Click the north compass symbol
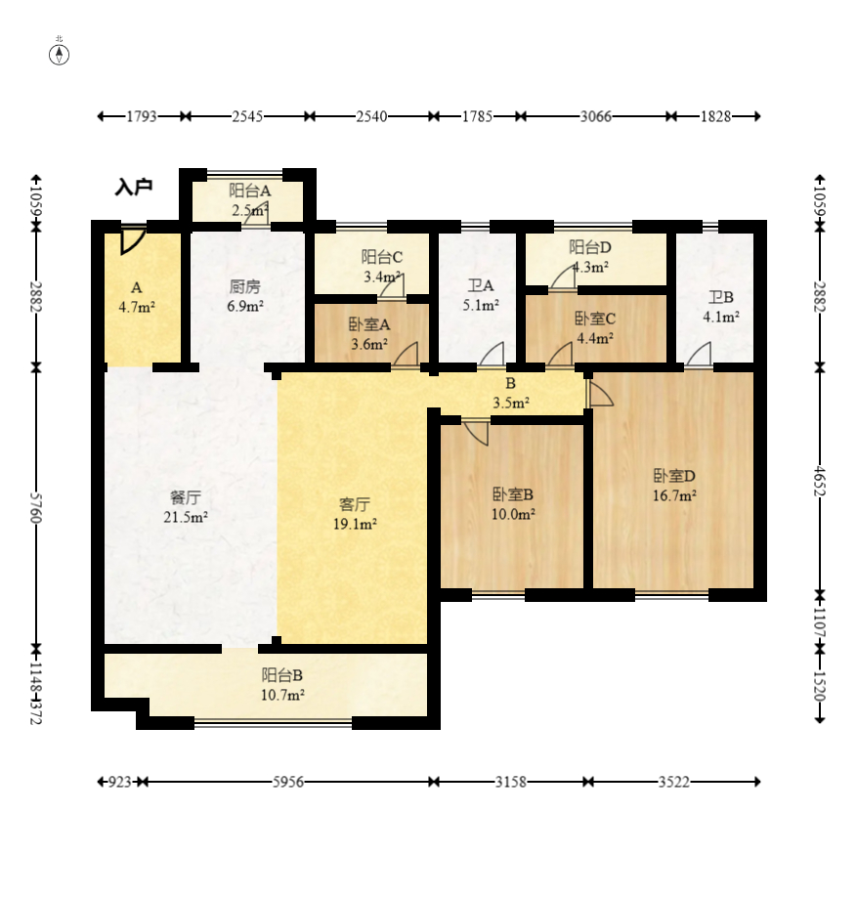click(59, 55)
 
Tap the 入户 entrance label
click(134, 187)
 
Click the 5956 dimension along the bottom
click(287, 782)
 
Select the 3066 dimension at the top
click(595, 116)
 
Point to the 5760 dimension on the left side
click(35, 507)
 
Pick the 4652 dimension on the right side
click(820, 482)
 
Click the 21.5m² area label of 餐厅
click(186, 517)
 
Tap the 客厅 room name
click(355, 504)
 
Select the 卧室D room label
click(674, 475)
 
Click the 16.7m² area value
click(674, 495)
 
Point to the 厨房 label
click(244, 286)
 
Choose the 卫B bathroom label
click(720, 297)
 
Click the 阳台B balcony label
click(281, 675)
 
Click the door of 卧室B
click(477, 432)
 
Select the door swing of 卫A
click(492, 354)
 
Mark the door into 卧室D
click(599, 394)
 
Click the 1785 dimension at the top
click(477, 116)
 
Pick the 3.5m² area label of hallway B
click(511, 404)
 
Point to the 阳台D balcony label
click(590, 247)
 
